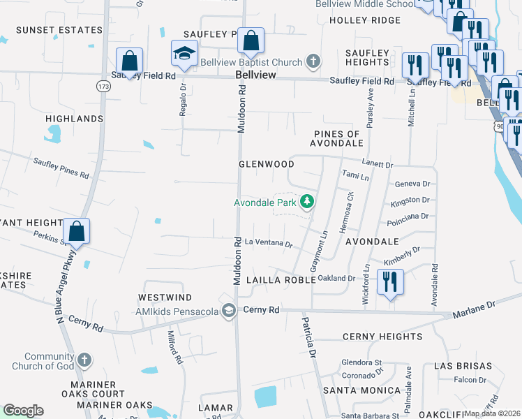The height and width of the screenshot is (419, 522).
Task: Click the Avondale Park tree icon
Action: coord(306,203)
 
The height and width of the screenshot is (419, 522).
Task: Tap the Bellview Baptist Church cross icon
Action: coord(313,61)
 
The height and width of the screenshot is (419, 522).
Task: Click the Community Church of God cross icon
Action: coord(84,360)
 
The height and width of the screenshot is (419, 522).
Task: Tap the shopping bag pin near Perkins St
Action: coord(77,231)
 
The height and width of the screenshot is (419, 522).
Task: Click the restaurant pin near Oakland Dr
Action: coord(389,282)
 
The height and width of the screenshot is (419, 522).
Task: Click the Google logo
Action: coord(24,411)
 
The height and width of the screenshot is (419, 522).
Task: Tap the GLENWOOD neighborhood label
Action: coord(267,164)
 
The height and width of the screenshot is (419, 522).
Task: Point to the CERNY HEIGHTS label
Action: coord(382,337)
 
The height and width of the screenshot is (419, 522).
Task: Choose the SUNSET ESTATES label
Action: coord(59,30)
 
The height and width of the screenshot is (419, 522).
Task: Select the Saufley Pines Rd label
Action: coord(61,168)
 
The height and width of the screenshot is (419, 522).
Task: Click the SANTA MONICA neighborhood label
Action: coord(361,391)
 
